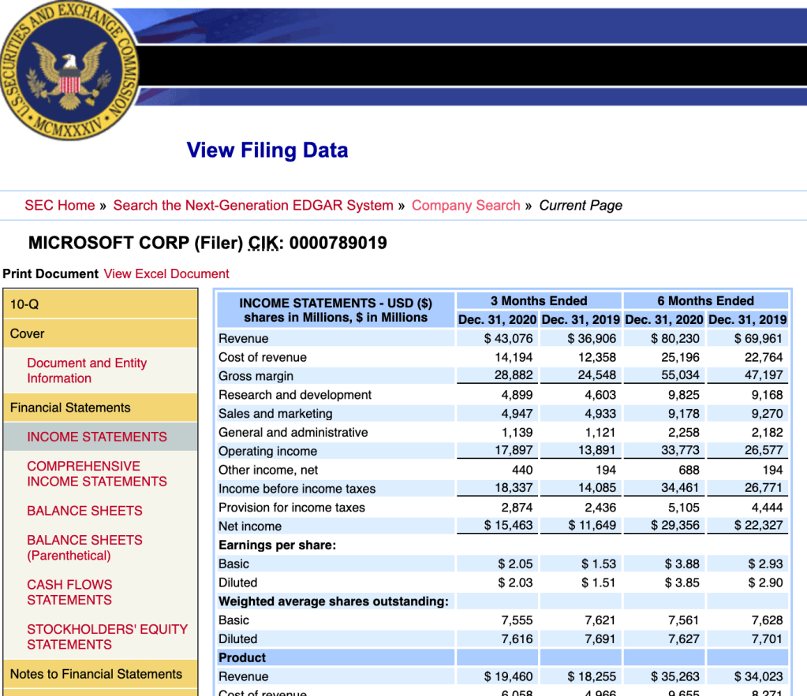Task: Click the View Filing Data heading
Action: pyautogui.click(x=267, y=151)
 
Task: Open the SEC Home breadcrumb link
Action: pyautogui.click(x=60, y=206)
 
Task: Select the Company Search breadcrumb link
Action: pyautogui.click(x=465, y=206)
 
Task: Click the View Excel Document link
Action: pyautogui.click(x=166, y=274)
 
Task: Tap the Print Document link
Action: pyautogui.click(x=50, y=274)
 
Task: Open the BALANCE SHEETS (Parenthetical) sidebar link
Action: pyautogui.click(x=84, y=548)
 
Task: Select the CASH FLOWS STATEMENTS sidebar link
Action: pyautogui.click(x=69, y=593)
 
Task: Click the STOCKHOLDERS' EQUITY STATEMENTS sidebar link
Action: pyautogui.click(x=107, y=637)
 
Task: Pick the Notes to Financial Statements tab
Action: pyautogui.click(x=96, y=674)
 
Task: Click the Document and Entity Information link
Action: pyautogui.click(x=87, y=370)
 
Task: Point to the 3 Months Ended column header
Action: pyautogui.click(x=539, y=301)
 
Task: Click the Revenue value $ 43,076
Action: pyautogui.click(x=509, y=339)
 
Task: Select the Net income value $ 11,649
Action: pyautogui.click(x=592, y=526)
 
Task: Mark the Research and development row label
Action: pyautogui.click(x=295, y=395)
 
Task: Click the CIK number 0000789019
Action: pyautogui.click(x=338, y=243)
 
